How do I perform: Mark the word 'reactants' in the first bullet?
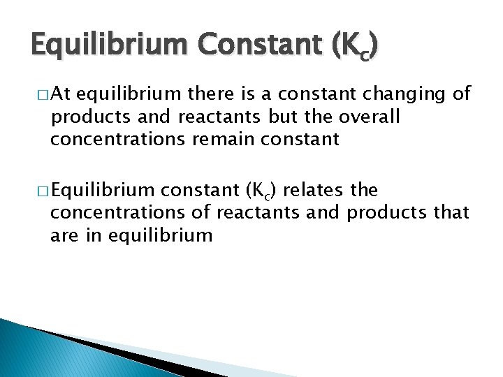click(x=215, y=117)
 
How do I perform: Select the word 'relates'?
click(x=312, y=190)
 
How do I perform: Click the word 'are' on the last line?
click(x=64, y=235)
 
